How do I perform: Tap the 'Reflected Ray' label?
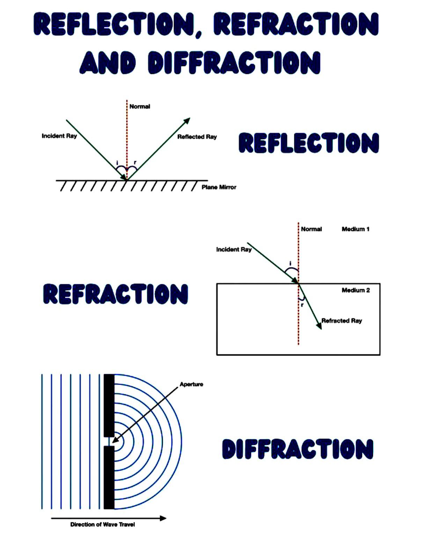pyautogui.click(x=197, y=137)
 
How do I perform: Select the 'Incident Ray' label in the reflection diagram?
pyautogui.click(x=59, y=136)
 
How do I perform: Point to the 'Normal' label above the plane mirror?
pyautogui.click(x=140, y=107)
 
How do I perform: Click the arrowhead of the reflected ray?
pyautogui.click(x=187, y=120)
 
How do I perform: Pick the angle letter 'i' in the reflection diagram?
pyautogui.click(x=117, y=163)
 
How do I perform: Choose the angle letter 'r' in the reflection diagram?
pyautogui.click(x=135, y=162)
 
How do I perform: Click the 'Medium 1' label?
pyautogui.click(x=356, y=229)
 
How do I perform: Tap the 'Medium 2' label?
pyautogui.click(x=356, y=290)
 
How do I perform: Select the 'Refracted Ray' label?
pyautogui.click(x=342, y=321)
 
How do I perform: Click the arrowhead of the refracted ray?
pyautogui.click(x=319, y=326)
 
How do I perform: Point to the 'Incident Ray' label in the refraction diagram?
pyautogui.click(x=234, y=250)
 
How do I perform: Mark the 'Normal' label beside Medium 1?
pyautogui.click(x=312, y=229)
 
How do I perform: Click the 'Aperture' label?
pyautogui.click(x=191, y=384)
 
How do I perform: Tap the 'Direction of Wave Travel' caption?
pyautogui.click(x=103, y=524)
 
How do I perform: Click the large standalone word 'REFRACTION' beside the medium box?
pyautogui.click(x=116, y=294)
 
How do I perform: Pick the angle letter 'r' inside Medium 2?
pyautogui.click(x=302, y=305)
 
